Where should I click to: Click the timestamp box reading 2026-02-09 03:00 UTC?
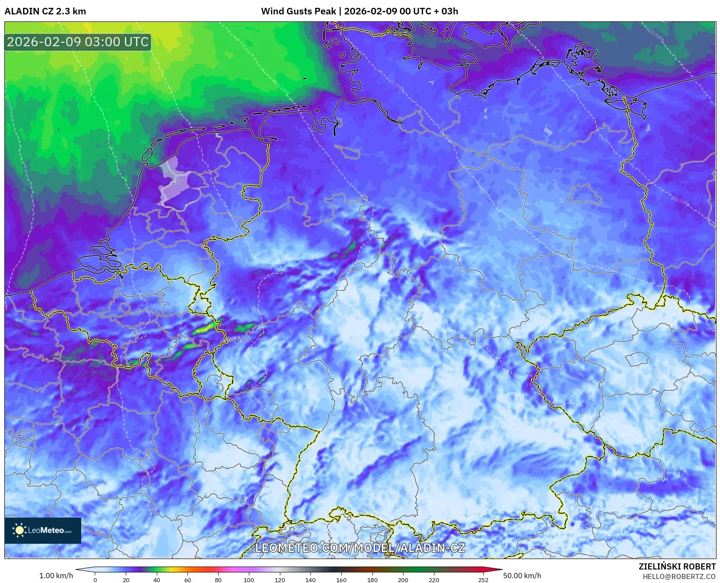[78, 42]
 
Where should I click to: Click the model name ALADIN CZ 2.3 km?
[45, 11]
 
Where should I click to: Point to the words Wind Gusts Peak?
[299, 11]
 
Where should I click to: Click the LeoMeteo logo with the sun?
[42, 530]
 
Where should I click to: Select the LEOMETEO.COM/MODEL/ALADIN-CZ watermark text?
[360, 548]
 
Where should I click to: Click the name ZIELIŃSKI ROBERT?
[677, 566]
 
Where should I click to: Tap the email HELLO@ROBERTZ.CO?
[679, 576]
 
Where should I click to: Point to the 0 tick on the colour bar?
[95, 580]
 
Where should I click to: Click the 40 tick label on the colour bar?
[157, 580]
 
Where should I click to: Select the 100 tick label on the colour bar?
[249, 580]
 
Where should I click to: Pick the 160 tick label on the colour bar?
[341, 580]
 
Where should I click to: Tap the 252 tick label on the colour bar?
[483, 580]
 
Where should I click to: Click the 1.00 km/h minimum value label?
[56, 576]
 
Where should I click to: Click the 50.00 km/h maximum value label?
[522, 576]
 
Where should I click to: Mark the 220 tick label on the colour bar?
[434, 580]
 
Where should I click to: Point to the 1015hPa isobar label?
[680, 201]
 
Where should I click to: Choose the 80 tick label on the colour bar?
[218, 580]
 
